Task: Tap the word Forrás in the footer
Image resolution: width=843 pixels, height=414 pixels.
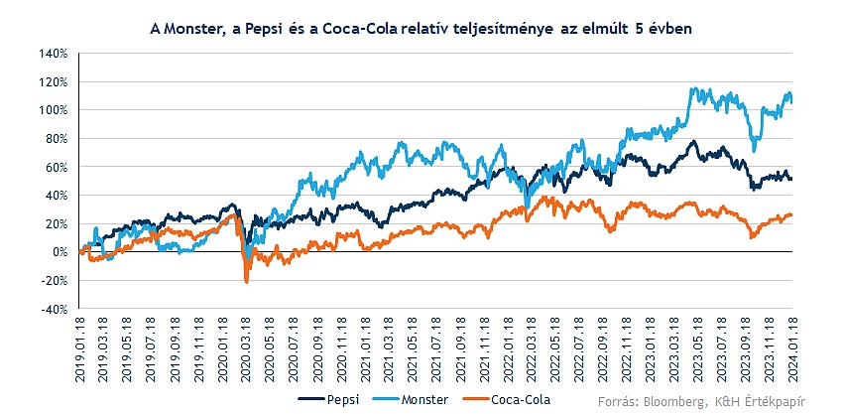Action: [x=618, y=400]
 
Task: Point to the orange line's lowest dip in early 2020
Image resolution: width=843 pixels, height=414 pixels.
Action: [x=247, y=283]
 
